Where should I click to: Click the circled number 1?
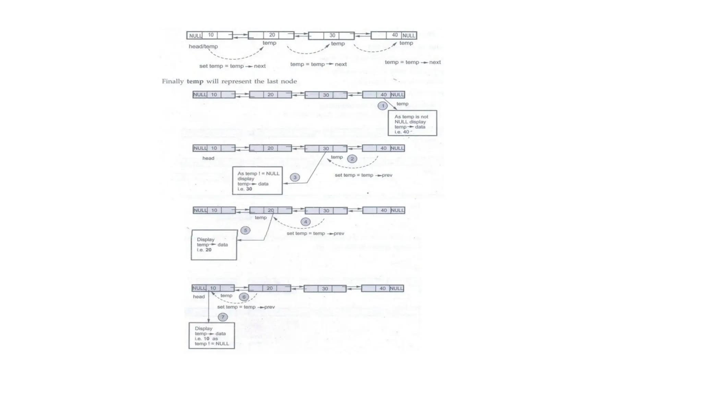point(383,106)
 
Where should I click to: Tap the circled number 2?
point(352,159)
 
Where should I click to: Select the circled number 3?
point(295,177)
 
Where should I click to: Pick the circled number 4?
point(305,222)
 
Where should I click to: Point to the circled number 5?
point(245,230)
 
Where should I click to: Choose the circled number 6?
point(244,297)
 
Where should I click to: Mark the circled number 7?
point(223,317)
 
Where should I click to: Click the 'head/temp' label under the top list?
point(203,46)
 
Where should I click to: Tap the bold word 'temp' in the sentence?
point(195,81)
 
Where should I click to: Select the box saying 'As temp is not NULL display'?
point(412,123)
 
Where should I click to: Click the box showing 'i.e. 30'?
point(257,181)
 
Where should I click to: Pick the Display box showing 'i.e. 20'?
point(214,245)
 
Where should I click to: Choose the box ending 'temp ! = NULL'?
point(211,336)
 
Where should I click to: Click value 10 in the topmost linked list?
point(210,35)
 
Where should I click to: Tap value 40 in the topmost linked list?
point(395,35)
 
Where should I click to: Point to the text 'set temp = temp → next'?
point(232,66)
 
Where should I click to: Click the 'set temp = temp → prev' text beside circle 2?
point(363,175)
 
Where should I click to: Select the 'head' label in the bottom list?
point(199,297)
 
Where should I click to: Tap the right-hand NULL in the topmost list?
point(409,35)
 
